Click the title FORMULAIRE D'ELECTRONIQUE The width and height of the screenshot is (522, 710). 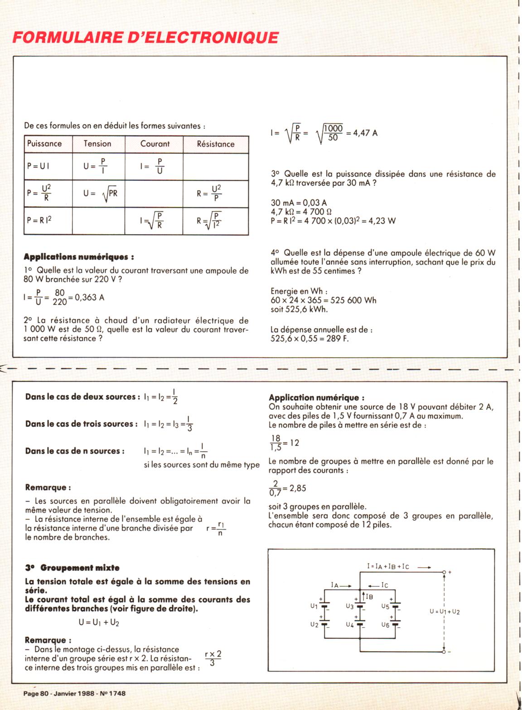pyautogui.click(x=145, y=37)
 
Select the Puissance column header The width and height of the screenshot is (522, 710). pyautogui.click(x=44, y=144)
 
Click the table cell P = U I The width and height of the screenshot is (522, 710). pyautogui.click(x=39, y=166)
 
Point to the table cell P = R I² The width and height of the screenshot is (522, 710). pyautogui.click(x=39, y=221)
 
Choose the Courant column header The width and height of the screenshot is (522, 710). pyautogui.click(x=155, y=144)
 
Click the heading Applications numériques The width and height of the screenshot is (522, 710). pyautogui.click(x=78, y=257)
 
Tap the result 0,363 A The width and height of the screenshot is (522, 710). pyautogui.click(x=90, y=297)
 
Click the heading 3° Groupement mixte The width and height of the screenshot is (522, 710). pyautogui.click(x=72, y=568)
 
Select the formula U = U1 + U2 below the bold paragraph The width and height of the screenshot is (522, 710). pyautogui.click(x=99, y=623)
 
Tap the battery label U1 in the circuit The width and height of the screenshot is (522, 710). pyautogui.click(x=314, y=606)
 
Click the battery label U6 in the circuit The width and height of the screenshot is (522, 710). pyautogui.click(x=385, y=625)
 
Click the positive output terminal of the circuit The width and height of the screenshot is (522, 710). pyautogui.click(x=444, y=572)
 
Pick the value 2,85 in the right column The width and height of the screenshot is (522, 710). pyautogui.click(x=298, y=488)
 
